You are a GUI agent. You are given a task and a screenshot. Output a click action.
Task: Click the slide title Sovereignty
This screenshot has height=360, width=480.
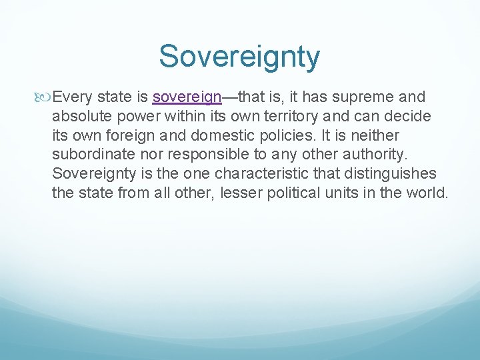(x=239, y=57)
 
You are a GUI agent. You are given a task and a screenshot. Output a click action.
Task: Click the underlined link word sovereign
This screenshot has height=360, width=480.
(x=187, y=97)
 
